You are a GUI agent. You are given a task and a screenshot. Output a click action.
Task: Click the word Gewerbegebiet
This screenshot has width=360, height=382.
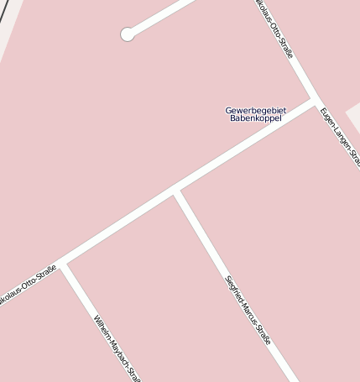tap(256, 110)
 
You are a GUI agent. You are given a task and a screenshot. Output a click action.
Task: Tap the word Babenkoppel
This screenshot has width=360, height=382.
tap(256, 118)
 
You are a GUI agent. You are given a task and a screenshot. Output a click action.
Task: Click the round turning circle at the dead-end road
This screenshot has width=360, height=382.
tap(128, 34)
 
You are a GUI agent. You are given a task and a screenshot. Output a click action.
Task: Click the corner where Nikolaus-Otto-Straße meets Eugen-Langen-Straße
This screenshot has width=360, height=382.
tap(315, 101)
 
